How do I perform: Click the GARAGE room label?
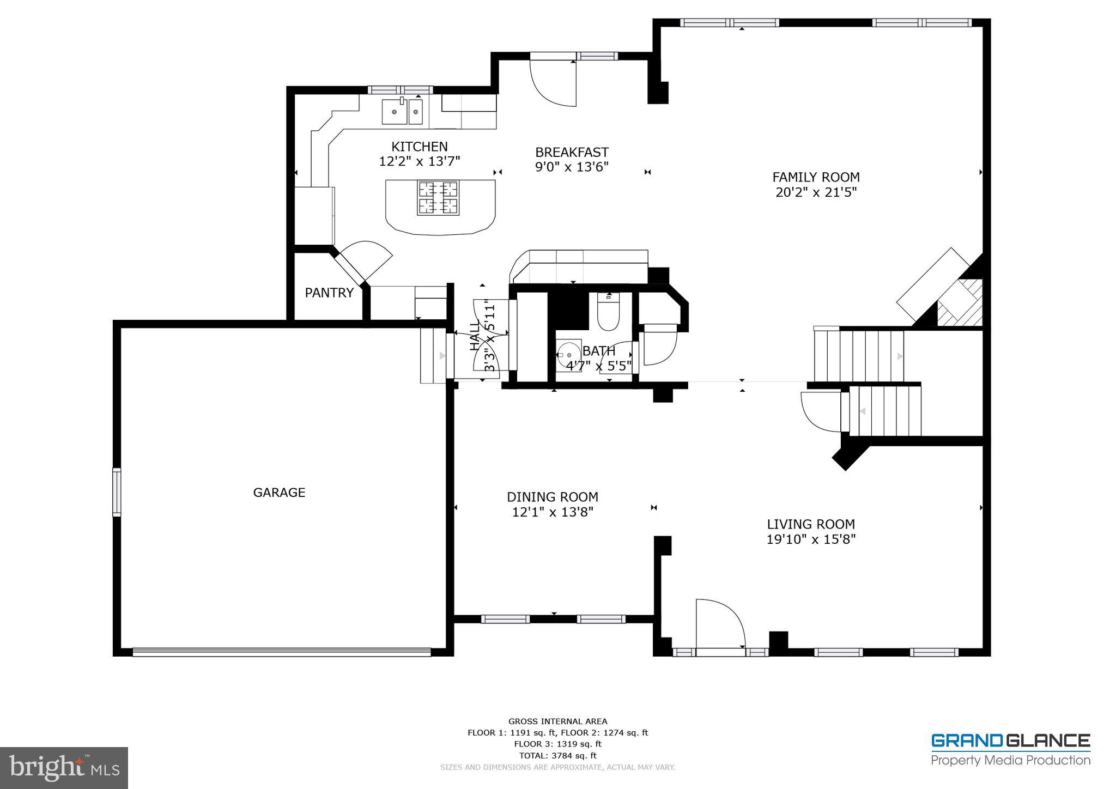click(x=279, y=493)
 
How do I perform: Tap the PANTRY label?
click(x=329, y=293)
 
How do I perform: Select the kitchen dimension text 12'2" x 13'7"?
click(x=420, y=162)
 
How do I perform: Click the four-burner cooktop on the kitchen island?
click(x=438, y=197)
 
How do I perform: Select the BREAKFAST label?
click(x=572, y=153)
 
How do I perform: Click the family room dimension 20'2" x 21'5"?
click(x=816, y=192)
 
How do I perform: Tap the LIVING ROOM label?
click(x=811, y=524)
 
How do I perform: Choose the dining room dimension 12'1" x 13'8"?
click(x=553, y=512)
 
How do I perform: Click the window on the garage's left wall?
click(x=117, y=492)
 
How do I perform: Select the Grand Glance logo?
click(x=1010, y=750)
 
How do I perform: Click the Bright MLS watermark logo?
click(x=64, y=768)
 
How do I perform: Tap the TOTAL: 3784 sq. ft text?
click(x=557, y=756)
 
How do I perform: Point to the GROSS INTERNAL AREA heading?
click(x=557, y=721)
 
